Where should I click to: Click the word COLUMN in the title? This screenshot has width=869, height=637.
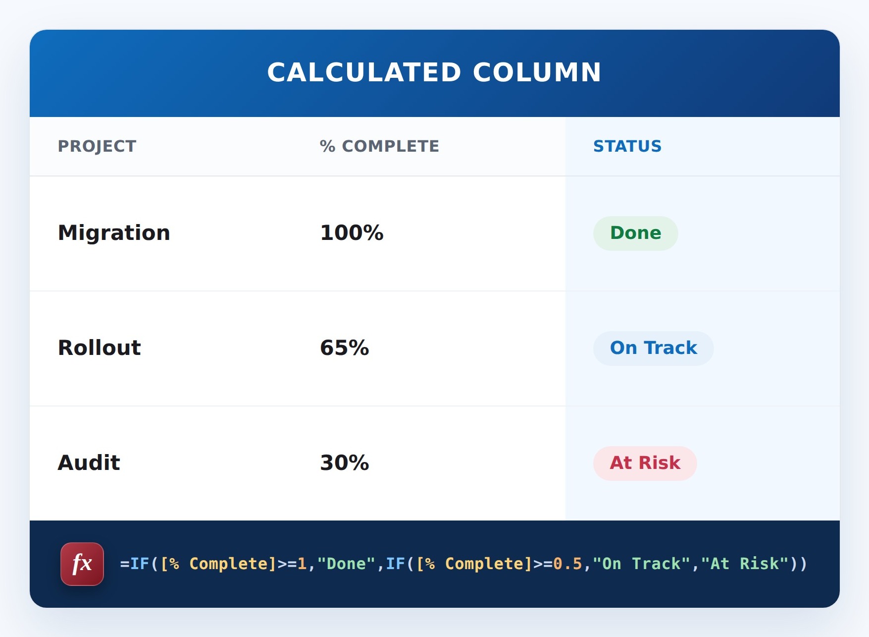tap(537, 72)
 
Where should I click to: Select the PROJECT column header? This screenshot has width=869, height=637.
tap(97, 146)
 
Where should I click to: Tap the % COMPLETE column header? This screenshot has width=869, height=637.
tap(379, 146)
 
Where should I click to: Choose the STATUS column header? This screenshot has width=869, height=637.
tap(627, 146)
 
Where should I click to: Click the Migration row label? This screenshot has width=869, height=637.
tap(114, 233)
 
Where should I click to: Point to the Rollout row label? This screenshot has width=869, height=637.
tap(100, 347)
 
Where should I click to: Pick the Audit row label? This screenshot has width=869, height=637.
tap(89, 463)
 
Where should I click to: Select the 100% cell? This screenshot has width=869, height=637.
tap(352, 232)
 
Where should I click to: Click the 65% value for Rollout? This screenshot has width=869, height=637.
tap(345, 347)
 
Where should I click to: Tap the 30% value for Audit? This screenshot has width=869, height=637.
tap(345, 463)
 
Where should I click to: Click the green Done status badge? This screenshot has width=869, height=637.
tap(635, 233)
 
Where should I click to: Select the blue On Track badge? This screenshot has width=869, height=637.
tap(653, 348)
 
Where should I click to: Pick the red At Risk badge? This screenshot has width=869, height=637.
tap(645, 463)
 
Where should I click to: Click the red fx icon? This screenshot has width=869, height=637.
tap(82, 564)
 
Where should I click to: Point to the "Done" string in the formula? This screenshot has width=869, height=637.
tap(346, 564)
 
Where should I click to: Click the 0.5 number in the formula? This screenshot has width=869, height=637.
tap(567, 564)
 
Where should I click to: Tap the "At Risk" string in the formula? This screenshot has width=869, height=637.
tap(745, 564)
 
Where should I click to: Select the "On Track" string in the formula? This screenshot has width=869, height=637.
tap(641, 564)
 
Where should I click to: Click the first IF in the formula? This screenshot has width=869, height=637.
tap(140, 564)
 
